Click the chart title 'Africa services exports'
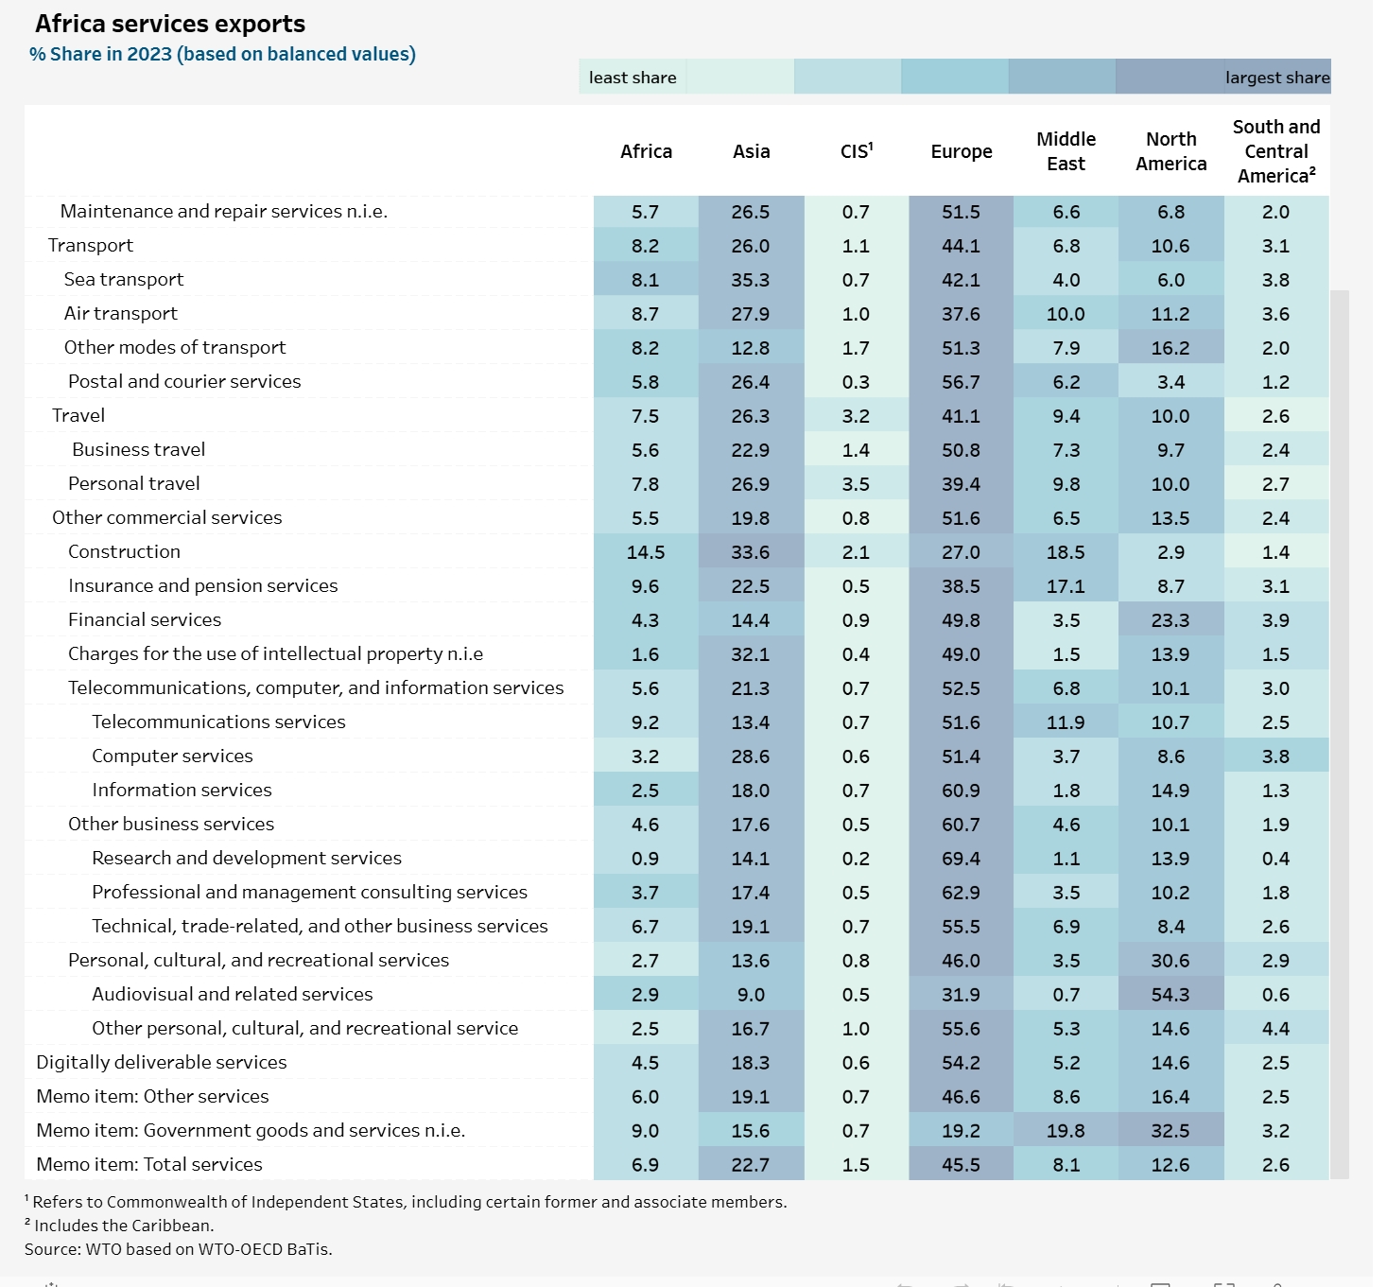coord(170,24)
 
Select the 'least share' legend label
coord(633,78)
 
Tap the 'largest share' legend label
coord(1277,78)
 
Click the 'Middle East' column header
coord(1066,151)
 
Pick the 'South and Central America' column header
coord(1276,151)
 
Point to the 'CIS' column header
coord(857,151)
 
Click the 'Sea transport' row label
coord(124,279)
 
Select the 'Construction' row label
coord(124,551)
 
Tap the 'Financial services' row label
coord(145,619)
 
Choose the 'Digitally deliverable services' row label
coord(162,1062)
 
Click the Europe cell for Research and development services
coord(961,859)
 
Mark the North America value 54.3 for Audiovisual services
coord(1170,995)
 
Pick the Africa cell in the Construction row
coord(646,552)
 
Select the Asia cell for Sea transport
coord(751,280)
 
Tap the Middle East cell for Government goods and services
coord(1066,1131)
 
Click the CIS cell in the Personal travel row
coord(856,484)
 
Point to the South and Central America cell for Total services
coord(1275,1165)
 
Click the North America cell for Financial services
coord(1170,620)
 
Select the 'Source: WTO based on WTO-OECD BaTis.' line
coord(179,1249)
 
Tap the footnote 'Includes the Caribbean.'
coord(124,1226)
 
